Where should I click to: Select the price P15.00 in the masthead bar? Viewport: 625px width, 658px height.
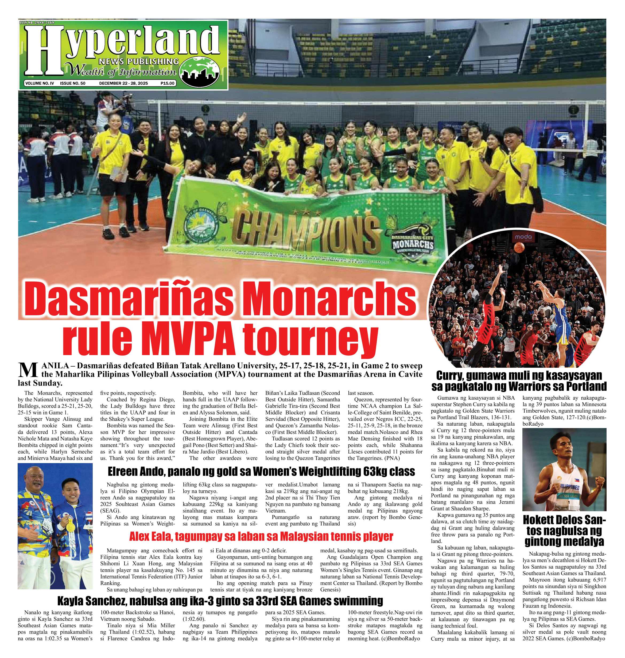(x=167, y=83)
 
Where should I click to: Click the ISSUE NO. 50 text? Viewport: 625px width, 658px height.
(x=73, y=83)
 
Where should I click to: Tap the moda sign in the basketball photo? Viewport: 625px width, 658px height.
(x=523, y=237)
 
